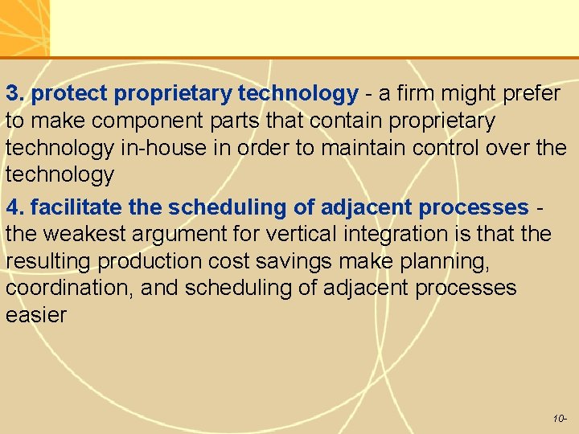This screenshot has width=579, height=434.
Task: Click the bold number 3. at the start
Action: pyautogui.click(x=16, y=94)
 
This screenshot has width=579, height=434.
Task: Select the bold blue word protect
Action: pyautogui.click(x=70, y=94)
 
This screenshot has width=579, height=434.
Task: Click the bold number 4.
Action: pyautogui.click(x=16, y=207)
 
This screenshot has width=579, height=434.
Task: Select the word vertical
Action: pyautogui.click(x=314, y=235)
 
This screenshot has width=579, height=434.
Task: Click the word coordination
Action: pyautogui.click(x=69, y=288)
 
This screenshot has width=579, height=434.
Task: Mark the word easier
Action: pyautogui.click(x=36, y=315)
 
